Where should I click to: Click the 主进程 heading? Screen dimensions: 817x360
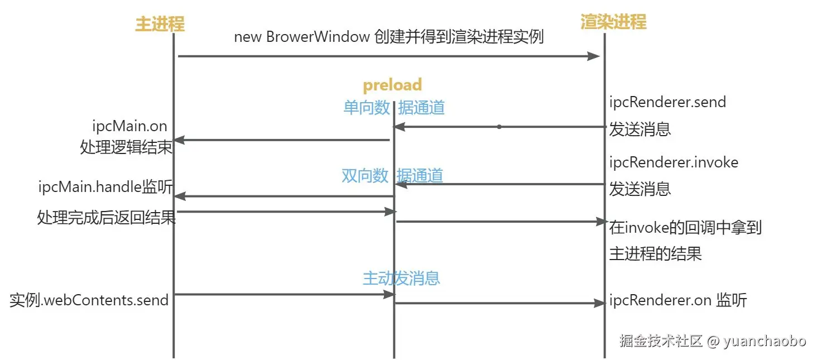click(160, 24)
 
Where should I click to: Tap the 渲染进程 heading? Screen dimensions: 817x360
click(613, 22)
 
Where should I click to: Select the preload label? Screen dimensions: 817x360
click(392, 85)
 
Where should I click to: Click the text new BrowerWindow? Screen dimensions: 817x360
click(302, 37)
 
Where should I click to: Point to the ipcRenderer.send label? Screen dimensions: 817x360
click(667, 102)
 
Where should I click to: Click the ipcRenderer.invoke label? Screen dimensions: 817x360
click(674, 162)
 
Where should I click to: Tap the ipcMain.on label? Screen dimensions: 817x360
click(130, 127)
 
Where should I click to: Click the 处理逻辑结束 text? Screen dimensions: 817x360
click(126, 148)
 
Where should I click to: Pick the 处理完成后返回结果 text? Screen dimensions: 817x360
click(106, 217)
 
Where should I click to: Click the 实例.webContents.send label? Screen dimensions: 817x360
click(89, 300)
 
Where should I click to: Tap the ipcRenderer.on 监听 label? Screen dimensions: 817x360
click(678, 300)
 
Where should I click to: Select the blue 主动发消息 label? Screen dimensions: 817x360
click(401, 278)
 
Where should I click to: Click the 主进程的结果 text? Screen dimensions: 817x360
click(655, 254)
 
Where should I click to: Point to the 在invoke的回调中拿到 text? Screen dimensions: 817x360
click(685, 228)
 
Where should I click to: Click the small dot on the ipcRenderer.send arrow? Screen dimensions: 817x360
click(499, 127)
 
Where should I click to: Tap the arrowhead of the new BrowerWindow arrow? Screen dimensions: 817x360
click(595, 56)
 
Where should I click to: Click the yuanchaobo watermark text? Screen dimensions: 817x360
click(765, 342)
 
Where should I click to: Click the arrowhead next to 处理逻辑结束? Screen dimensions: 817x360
click(179, 140)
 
